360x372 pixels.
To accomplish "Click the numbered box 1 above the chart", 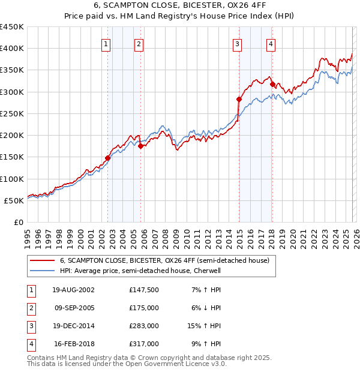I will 106,43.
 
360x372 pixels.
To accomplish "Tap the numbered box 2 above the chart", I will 139,43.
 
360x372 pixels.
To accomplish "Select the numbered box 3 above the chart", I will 238,43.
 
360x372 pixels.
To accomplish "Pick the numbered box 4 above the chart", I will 271,43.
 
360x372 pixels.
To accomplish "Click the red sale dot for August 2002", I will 108,158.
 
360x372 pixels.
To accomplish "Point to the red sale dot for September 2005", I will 140,146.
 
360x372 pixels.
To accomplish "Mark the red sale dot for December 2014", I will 239,99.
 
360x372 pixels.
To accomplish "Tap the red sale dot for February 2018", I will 272,84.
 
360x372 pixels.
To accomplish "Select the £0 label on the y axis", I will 18,222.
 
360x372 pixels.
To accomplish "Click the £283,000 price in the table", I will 143,326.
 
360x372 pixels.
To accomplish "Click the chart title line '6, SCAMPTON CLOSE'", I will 180,7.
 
